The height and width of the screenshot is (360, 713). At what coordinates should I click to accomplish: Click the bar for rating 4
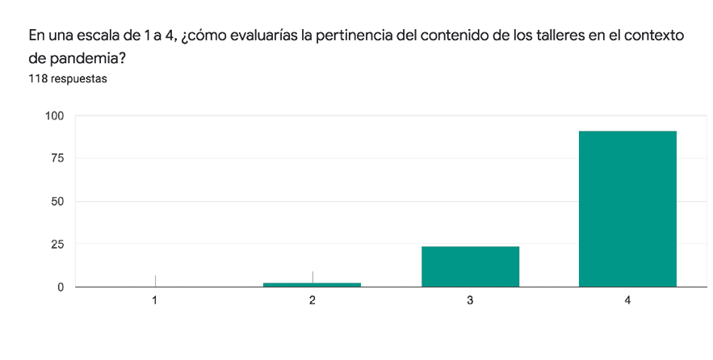(627, 208)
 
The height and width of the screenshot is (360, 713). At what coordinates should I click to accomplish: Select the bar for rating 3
(470, 266)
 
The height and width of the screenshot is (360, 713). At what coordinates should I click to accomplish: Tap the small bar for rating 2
(312, 284)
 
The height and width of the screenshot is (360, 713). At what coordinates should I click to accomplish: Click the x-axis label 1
(154, 300)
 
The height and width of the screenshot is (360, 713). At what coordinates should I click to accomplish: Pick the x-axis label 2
(312, 300)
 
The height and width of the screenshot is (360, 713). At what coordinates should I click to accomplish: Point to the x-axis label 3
(470, 300)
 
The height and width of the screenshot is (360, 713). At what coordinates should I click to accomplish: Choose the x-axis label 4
(627, 300)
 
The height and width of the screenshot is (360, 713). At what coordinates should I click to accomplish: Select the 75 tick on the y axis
(58, 158)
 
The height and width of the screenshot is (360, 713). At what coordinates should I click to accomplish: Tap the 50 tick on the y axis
(58, 201)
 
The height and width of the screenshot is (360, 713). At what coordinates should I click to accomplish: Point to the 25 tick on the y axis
(58, 244)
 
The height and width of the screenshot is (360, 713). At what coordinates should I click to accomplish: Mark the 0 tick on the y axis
(61, 287)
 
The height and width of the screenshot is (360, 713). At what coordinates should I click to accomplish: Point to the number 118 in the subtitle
(38, 79)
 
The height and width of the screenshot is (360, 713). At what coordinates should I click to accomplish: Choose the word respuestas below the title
(79, 79)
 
